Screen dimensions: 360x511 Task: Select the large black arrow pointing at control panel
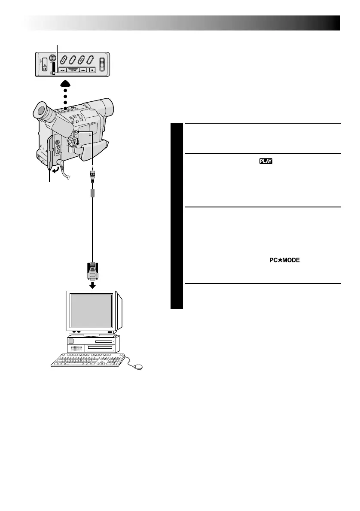(x=65, y=85)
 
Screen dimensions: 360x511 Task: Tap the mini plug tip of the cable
(x=92, y=170)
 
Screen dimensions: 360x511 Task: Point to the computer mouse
(x=138, y=366)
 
